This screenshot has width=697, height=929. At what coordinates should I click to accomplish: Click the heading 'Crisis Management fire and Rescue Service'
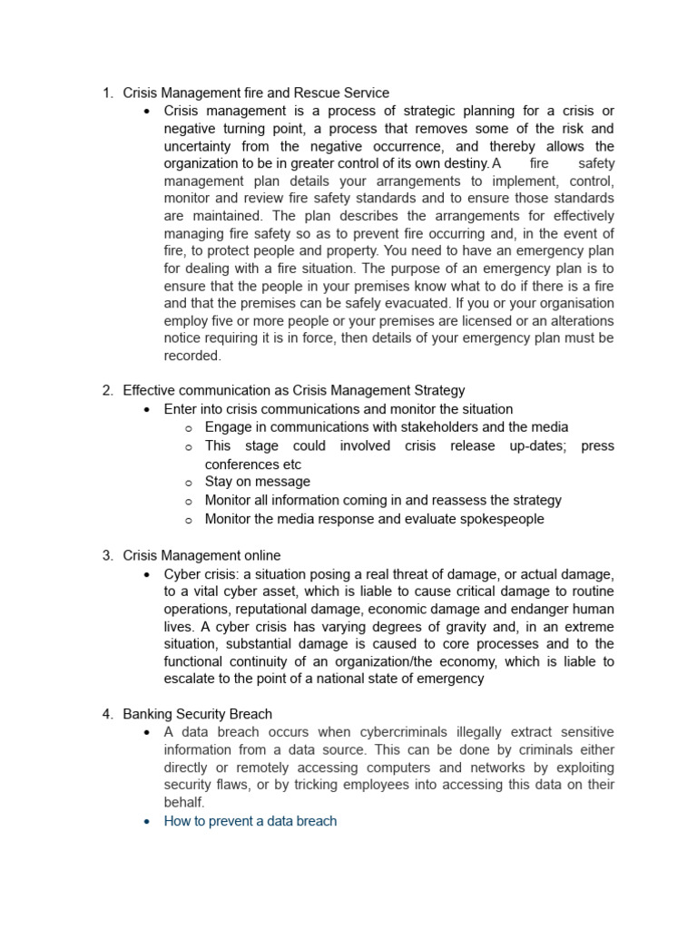click(256, 93)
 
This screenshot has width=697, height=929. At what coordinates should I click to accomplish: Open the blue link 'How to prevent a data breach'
click(250, 821)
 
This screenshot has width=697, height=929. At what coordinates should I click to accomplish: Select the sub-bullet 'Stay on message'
click(257, 482)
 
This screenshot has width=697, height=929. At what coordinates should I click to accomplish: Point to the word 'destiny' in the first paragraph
click(463, 164)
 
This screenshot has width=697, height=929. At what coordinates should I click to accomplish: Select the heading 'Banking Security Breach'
click(197, 714)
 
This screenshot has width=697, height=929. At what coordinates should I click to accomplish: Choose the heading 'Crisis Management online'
click(201, 555)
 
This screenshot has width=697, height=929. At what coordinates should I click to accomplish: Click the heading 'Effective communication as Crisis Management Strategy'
click(293, 390)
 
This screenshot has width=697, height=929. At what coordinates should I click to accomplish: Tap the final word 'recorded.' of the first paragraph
click(192, 357)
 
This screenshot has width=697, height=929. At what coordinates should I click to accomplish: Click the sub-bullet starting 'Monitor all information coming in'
click(383, 500)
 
